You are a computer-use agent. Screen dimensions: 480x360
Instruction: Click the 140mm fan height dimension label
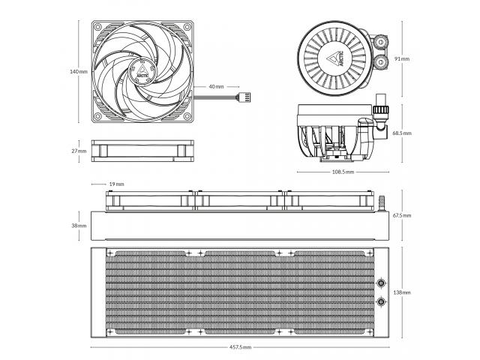(x=79, y=72)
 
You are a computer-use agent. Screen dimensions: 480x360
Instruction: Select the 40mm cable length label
(x=216, y=87)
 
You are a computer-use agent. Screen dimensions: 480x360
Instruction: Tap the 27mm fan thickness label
(x=79, y=151)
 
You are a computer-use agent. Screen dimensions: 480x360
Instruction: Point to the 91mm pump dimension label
(x=402, y=58)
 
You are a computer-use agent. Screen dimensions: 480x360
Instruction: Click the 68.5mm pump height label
(x=402, y=133)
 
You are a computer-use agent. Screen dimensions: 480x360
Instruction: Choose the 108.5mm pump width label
(x=343, y=172)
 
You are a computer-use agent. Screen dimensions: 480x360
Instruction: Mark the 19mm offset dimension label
(x=117, y=184)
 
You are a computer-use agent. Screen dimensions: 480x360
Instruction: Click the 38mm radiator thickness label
(x=79, y=226)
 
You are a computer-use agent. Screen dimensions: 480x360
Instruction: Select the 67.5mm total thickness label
(x=402, y=215)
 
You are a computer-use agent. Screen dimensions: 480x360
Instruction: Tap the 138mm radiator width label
(x=402, y=292)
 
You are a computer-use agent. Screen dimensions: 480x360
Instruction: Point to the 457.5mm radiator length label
(x=240, y=347)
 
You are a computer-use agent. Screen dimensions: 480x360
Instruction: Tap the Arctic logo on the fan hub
(x=142, y=70)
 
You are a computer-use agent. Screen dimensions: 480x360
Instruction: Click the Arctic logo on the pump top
(x=337, y=58)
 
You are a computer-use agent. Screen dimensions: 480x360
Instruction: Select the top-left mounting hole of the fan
(x=98, y=27)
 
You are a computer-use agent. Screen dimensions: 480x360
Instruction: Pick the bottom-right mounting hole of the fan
(x=187, y=116)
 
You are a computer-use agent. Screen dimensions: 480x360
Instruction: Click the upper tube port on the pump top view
(x=381, y=41)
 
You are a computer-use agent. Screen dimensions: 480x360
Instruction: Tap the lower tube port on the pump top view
(x=381, y=62)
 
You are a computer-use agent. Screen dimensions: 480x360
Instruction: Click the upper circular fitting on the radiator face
(x=381, y=283)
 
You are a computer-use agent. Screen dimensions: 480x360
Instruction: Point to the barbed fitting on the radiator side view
(x=382, y=203)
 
